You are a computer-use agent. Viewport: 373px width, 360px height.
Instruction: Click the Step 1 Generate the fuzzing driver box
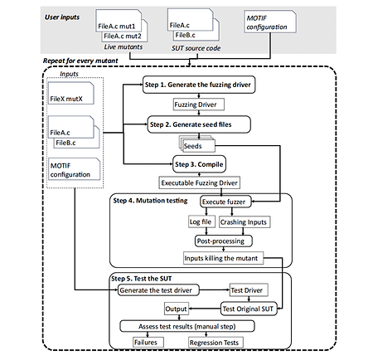coord(199,85)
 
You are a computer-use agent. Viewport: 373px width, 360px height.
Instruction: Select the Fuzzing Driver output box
coord(199,105)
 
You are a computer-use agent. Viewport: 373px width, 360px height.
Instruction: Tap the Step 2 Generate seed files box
coord(199,124)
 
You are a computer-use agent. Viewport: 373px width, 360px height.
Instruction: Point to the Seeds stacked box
coord(197,144)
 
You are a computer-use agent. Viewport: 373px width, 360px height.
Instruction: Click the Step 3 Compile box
coord(199,164)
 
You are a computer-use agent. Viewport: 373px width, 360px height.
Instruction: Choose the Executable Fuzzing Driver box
coord(199,182)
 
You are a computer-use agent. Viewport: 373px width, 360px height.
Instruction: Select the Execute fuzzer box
coord(225,202)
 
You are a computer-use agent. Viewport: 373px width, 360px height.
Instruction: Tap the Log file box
coord(201,221)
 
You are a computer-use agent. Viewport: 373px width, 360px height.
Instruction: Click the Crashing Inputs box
coord(245,222)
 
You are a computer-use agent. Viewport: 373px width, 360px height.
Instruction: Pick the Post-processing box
coord(224,241)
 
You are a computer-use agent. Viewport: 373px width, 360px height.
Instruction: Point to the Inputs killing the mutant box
coord(223,258)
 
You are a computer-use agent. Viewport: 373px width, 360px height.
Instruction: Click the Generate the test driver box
coord(158,290)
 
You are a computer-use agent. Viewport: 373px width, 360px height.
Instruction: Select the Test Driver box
coord(249,290)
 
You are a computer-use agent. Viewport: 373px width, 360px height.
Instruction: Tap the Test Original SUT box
coord(249,309)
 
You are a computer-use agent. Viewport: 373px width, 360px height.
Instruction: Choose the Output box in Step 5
coord(176,309)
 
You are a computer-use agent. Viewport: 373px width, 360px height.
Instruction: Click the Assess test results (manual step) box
coord(187,326)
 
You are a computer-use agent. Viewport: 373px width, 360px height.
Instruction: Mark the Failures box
coord(148,343)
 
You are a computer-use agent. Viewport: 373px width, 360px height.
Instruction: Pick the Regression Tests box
coord(216,343)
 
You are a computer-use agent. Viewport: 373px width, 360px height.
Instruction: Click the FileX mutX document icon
coord(71,93)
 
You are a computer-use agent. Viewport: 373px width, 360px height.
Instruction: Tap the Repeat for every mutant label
coord(80,61)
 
